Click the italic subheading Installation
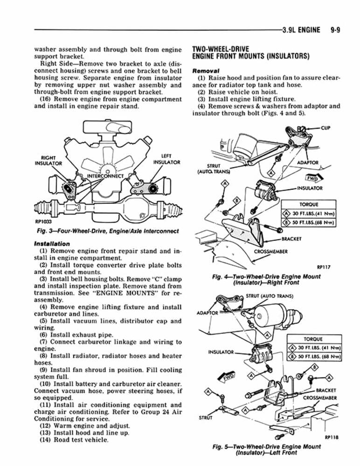[52, 243]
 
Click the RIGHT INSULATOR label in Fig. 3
[49, 160]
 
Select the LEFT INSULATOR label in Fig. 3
[166, 159]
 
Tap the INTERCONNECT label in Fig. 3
[105, 176]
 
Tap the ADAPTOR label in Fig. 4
[307, 163]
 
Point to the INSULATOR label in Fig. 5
[221, 351]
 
